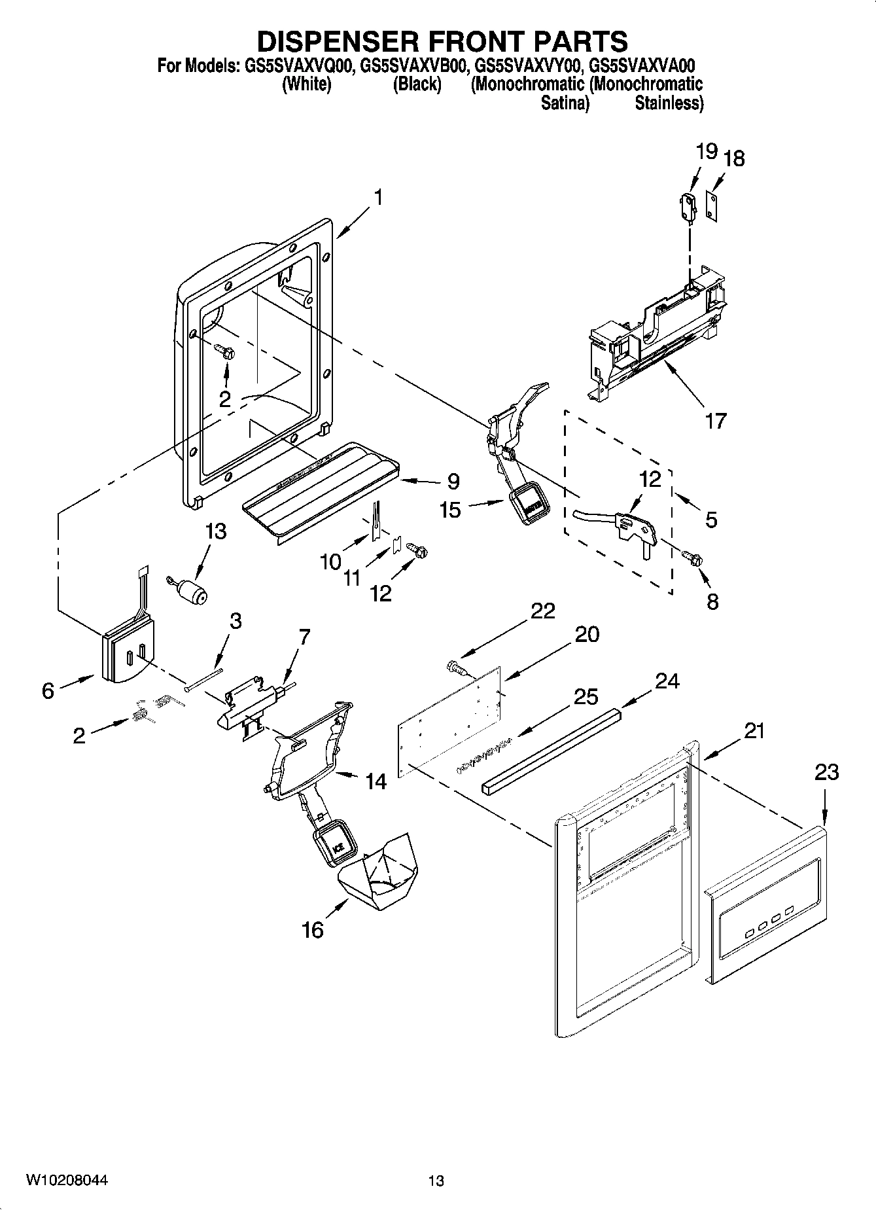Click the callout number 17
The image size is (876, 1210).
coord(715,420)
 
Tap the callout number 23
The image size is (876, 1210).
coord(826,772)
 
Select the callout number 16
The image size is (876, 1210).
coord(313,929)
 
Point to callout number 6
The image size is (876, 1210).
coord(48,690)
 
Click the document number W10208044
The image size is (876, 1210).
coord(67,1180)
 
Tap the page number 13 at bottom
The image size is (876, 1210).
coord(436,1181)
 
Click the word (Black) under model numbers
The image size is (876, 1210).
coord(417,84)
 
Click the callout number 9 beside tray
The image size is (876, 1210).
coord(453,482)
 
